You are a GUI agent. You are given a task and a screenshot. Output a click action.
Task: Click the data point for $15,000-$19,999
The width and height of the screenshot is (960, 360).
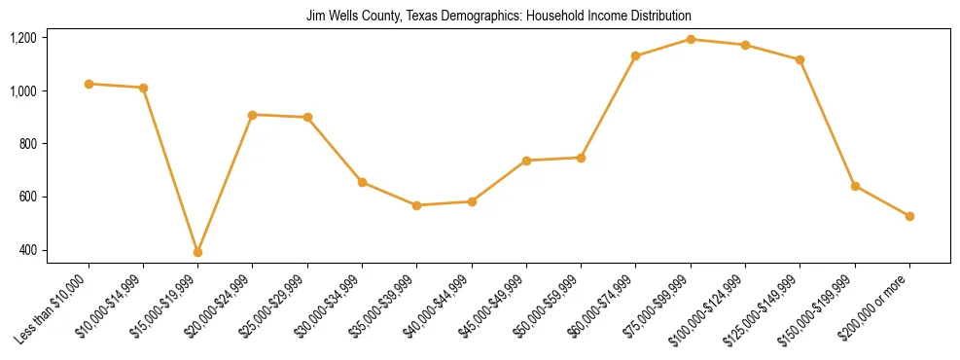click(x=197, y=252)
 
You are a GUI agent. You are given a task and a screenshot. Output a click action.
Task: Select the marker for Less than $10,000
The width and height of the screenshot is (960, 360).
click(x=89, y=84)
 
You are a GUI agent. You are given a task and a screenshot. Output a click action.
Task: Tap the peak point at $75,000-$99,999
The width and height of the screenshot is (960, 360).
click(x=691, y=39)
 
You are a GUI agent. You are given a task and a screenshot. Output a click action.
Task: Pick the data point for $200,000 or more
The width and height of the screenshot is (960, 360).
click(x=909, y=216)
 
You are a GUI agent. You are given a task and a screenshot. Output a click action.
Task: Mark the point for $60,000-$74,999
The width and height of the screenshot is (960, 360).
click(x=636, y=55)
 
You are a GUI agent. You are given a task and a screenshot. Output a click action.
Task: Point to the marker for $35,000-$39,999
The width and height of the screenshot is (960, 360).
click(x=416, y=205)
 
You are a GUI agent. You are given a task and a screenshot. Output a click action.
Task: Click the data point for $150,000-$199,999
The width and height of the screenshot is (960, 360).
click(x=855, y=186)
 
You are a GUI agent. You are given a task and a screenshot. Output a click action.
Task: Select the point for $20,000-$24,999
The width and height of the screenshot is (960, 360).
click(x=253, y=115)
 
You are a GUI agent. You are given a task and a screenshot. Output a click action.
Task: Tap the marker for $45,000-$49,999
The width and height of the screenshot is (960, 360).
click(x=526, y=161)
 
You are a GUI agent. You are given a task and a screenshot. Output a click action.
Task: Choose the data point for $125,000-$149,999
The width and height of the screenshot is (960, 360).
click(x=800, y=60)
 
